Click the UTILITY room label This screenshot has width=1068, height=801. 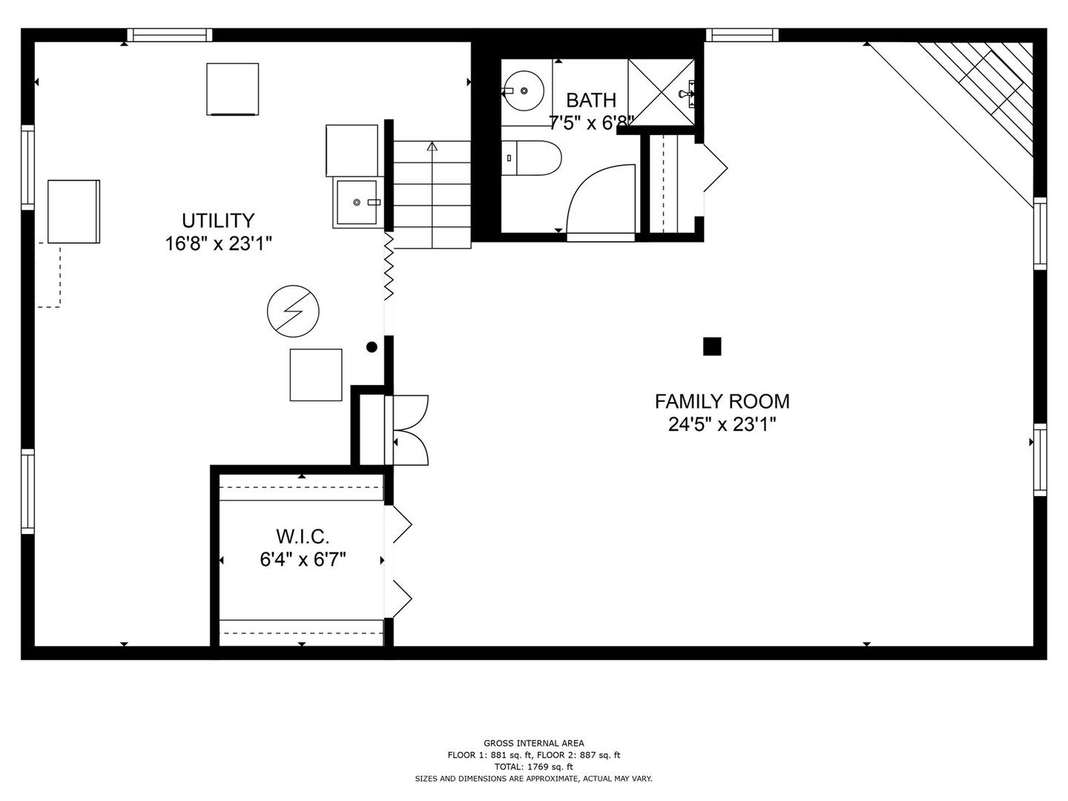pos(218,221)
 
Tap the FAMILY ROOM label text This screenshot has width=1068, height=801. pos(722,401)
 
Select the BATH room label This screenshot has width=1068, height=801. pos(590,100)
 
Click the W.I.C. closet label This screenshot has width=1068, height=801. pos(302,535)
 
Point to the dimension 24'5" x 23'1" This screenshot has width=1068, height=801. pos(722,425)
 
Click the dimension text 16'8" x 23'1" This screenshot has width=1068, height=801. pos(218,244)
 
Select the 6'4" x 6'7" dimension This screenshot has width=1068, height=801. pos(302,559)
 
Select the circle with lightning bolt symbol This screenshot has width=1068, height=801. pos(293,310)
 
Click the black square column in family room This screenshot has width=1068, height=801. pos(711,346)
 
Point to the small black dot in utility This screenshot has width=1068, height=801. pos(372,346)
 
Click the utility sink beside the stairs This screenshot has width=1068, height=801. pos(358,202)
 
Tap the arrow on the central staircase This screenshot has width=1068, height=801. pos(432,147)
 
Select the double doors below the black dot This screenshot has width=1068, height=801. pos(409,430)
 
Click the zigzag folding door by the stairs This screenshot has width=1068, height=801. pos(388,267)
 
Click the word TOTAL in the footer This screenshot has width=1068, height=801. pos(508,767)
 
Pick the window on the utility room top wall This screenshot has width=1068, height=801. pos(169,35)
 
